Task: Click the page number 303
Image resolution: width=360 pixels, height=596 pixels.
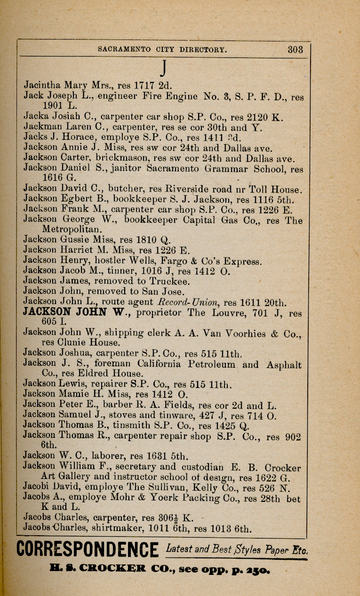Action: (296, 49)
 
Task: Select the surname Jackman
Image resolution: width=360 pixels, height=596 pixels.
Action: (41, 127)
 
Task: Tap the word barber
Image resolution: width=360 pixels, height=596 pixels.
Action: (109, 405)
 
